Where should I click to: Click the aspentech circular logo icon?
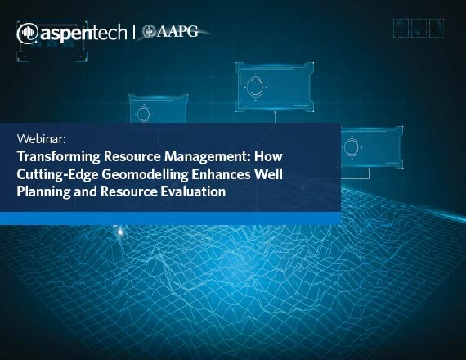(27, 34)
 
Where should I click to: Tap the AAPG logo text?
(177, 31)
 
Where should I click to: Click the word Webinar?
(41, 139)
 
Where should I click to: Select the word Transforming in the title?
(58, 156)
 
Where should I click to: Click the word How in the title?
(268, 156)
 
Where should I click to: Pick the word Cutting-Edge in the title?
(57, 174)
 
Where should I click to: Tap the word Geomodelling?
(145, 174)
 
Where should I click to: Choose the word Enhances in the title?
(221, 174)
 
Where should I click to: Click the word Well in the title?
(268, 174)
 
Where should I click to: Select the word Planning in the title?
(43, 191)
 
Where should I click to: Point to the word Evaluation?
(193, 191)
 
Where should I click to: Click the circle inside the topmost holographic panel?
(255, 87)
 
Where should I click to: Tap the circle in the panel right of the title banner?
(352, 147)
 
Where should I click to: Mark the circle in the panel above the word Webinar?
(143, 115)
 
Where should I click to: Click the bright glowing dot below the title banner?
(120, 232)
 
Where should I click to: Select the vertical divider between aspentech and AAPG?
(134, 32)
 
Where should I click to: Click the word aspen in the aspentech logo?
(63, 33)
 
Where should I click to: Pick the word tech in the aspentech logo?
(106, 32)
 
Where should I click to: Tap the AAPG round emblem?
(148, 32)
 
